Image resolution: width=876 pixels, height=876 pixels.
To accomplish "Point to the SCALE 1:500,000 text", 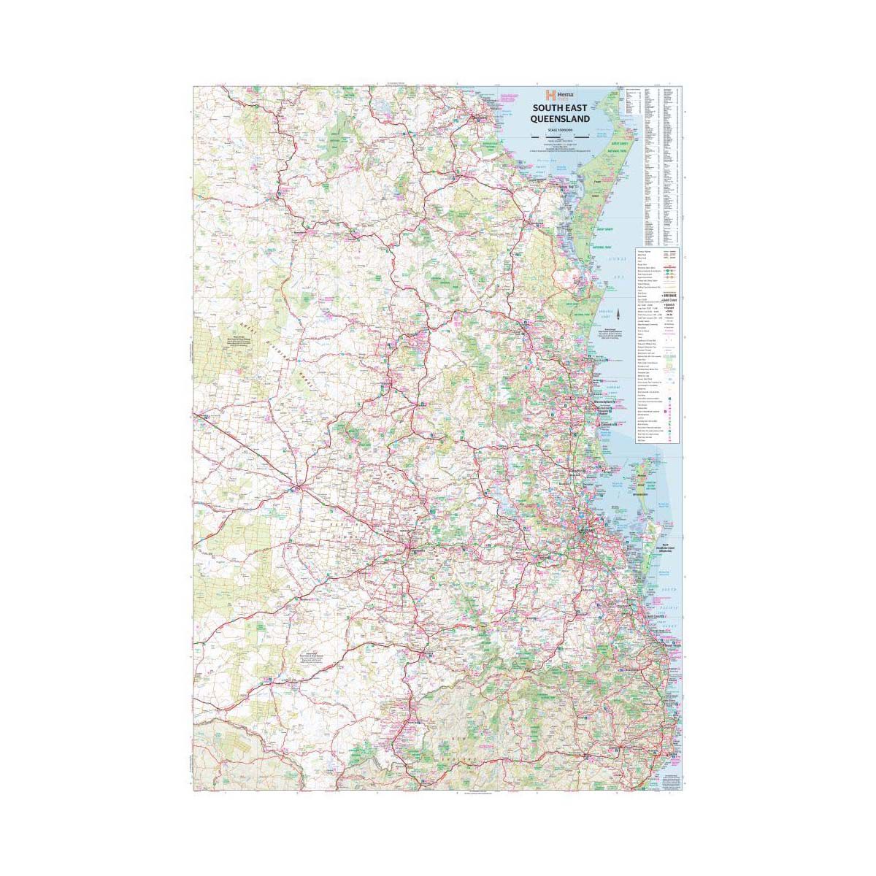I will click(x=560, y=130).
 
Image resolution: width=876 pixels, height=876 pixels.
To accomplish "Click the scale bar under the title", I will click(x=560, y=135).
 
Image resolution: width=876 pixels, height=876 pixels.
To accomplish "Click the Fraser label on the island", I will click(x=597, y=177).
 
